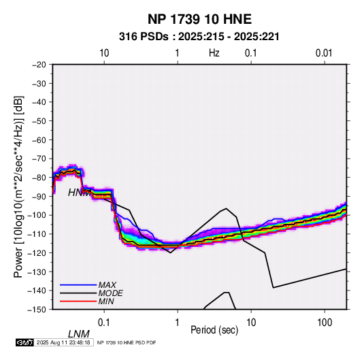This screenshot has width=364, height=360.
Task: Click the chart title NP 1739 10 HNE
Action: (199, 19)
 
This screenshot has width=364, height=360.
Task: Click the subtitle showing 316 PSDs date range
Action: (199, 37)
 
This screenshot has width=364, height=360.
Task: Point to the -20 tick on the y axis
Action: (39, 65)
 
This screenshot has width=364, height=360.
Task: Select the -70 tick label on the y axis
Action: (39, 159)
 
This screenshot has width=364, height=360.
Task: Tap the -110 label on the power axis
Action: (37, 234)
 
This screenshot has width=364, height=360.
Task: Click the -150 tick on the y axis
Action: (37, 310)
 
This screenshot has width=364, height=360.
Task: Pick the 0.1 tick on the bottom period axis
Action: (103, 323)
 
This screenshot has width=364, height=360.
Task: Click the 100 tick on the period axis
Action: (325, 323)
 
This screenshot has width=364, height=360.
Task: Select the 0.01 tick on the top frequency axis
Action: (324, 53)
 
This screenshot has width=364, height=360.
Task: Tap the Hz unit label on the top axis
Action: (214, 53)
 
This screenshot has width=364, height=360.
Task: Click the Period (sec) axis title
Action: (214, 330)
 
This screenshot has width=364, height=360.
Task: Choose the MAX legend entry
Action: (107, 284)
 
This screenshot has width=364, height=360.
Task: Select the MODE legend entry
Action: (110, 293)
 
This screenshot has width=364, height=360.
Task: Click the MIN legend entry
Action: (106, 301)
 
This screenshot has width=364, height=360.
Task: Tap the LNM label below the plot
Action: (79, 334)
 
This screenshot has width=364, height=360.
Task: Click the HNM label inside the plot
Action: (79, 193)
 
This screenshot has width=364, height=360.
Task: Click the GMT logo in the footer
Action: (24, 342)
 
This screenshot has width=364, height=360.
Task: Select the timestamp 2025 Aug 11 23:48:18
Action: (63, 342)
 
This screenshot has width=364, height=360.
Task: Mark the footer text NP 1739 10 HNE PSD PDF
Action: (127, 342)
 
